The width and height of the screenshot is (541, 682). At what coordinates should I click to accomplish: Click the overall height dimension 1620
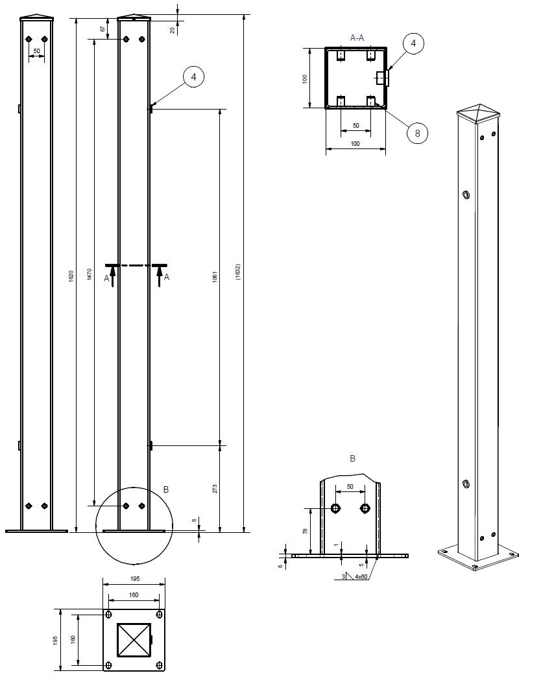[x=71, y=276]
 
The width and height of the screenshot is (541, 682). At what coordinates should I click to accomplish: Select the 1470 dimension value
[x=90, y=274]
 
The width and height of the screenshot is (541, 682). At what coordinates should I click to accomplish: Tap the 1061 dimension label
[x=215, y=277]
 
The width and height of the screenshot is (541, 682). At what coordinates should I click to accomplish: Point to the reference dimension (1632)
[x=237, y=272]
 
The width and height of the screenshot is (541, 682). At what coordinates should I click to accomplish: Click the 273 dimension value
[x=215, y=489]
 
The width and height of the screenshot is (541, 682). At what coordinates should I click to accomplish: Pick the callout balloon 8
[x=417, y=133]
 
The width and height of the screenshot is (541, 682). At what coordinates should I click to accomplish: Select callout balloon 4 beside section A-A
[x=413, y=43]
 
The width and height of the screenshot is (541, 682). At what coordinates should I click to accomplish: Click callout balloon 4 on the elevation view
[x=194, y=77]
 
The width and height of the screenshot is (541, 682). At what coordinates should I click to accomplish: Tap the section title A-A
[x=357, y=38]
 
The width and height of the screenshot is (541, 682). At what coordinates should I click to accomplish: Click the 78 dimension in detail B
[x=305, y=531]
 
